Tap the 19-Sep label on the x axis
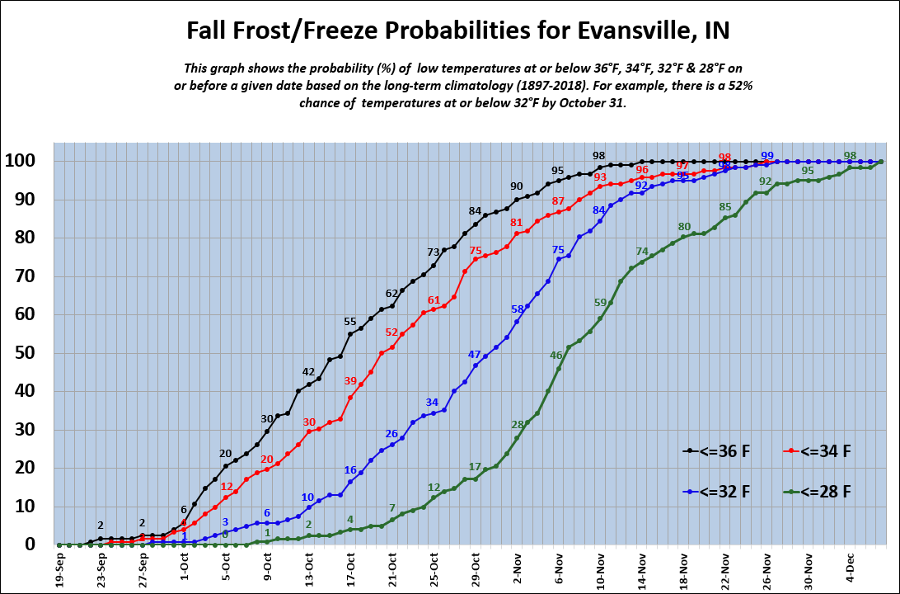[x=60, y=568]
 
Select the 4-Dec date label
[x=851, y=568]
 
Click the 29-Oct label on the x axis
[x=476, y=568]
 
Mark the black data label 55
[x=350, y=321]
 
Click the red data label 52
[x=391, y=332]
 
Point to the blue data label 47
[x=475, y=354]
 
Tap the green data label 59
[x=600, y=303]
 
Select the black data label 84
[x=475, y=211]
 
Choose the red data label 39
[x=350, y=380]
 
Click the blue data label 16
[x=350, y=469]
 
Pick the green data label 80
[x=684, y=226]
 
